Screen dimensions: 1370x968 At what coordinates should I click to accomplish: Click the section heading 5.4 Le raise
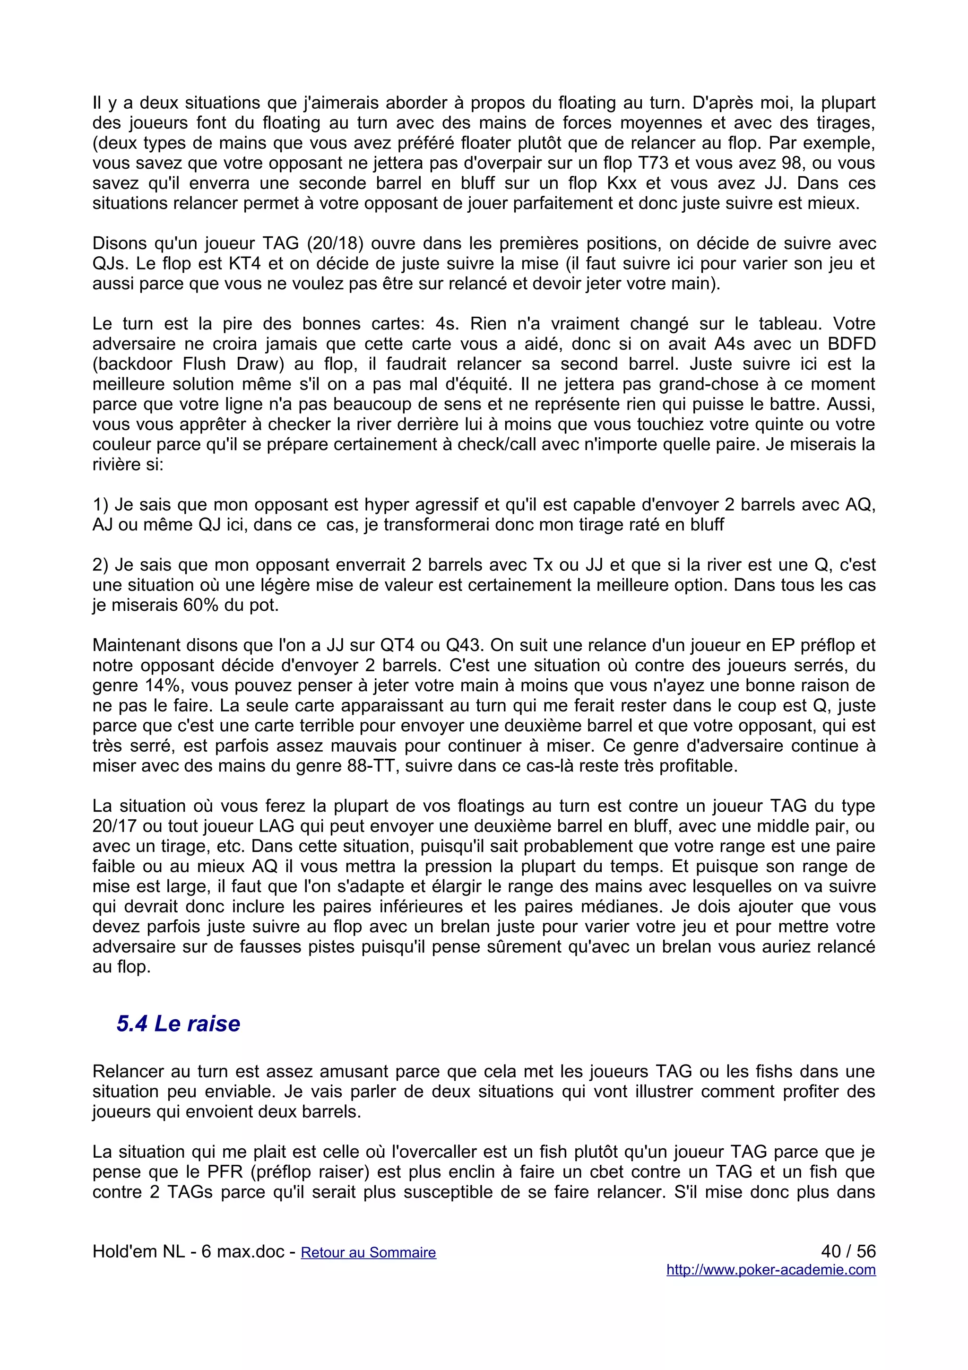pyautogui.click(x=178, y=1024)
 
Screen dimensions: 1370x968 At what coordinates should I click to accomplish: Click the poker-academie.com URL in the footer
pyautogui.click(x=770, y=1270)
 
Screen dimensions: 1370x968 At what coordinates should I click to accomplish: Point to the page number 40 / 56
pyautogui.click(x=847, y=1251)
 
